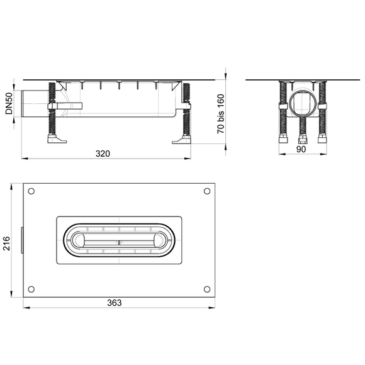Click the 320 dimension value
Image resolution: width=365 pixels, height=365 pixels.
(103, 154)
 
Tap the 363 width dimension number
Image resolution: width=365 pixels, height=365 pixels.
(115, 303)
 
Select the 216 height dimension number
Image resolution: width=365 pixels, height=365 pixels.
(6, 244)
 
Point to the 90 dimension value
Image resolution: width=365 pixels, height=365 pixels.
(301, 149)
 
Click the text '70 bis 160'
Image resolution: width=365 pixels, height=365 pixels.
(221, 114)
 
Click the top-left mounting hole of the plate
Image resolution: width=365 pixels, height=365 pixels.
(31, 191)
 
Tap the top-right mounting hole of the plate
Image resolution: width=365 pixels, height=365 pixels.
(207, 191)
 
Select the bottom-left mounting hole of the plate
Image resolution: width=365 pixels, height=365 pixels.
(31, 289)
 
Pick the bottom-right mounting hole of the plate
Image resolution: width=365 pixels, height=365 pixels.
(207, 289)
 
